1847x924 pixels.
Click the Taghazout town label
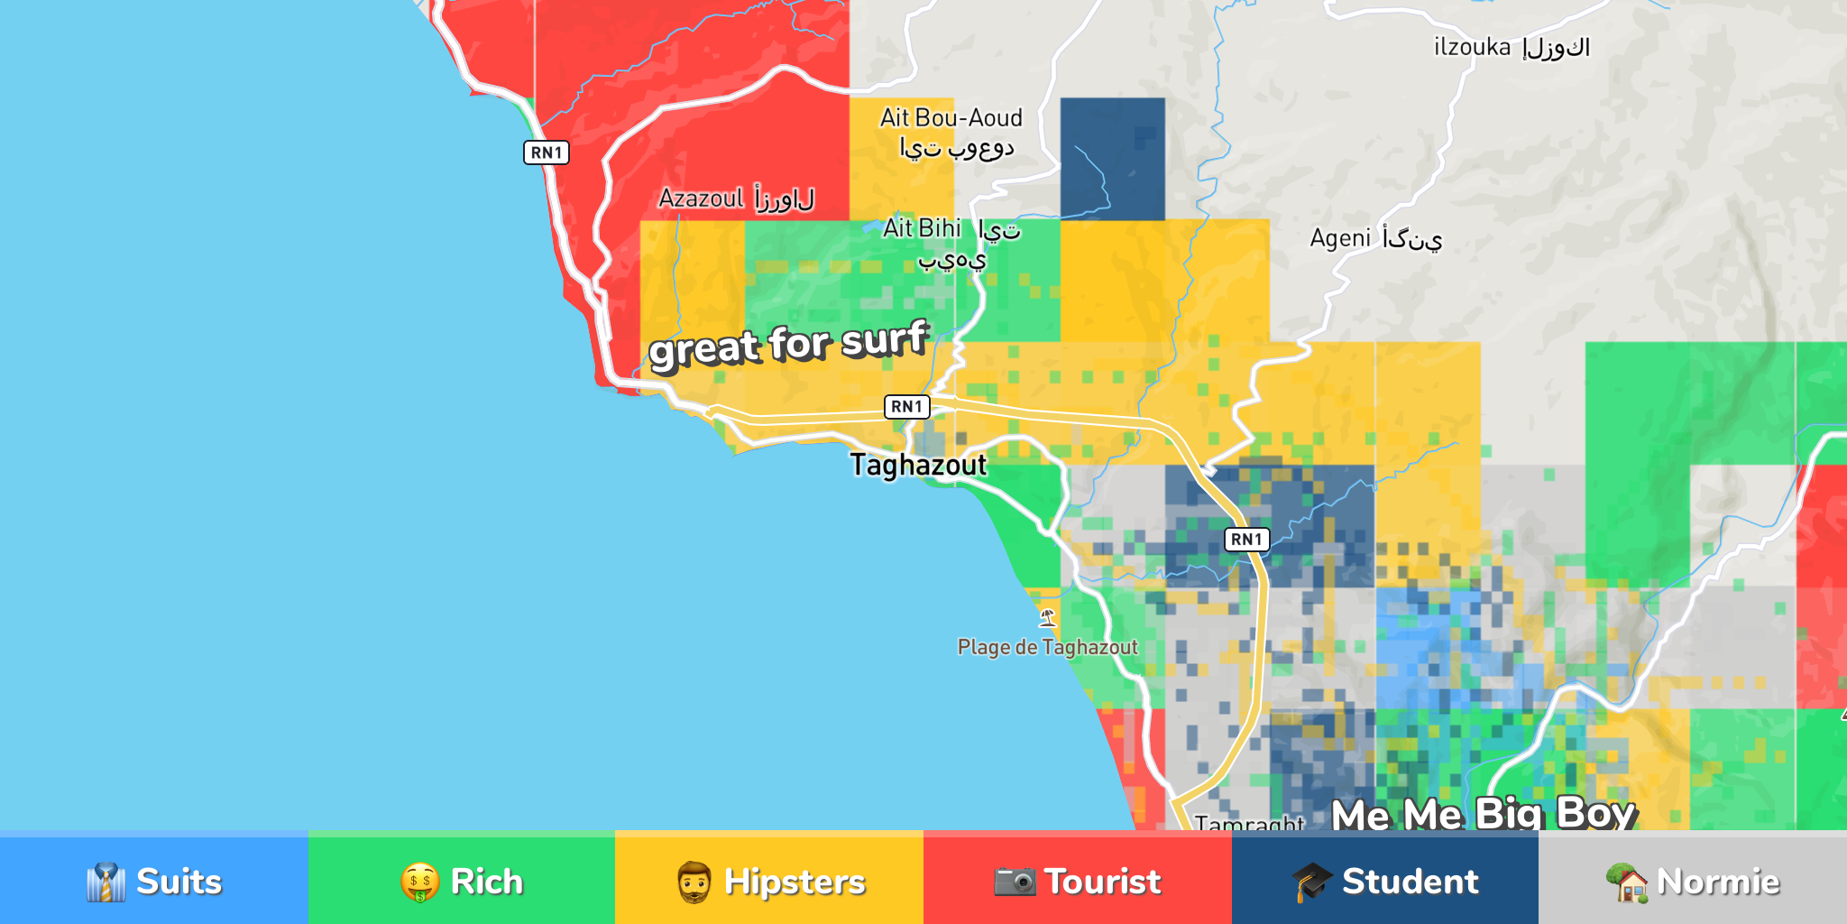point(918,465)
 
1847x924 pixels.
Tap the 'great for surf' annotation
point(788,344)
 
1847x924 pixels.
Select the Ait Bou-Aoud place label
point(952,132)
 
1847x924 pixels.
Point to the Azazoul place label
point(736,198)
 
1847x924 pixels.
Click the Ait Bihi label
point(951,242)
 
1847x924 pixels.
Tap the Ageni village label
point(1375,238)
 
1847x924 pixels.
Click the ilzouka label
point(1512,47)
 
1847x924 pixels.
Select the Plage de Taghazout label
point(1047,647)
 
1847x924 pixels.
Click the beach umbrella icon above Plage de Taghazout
point(1047,618)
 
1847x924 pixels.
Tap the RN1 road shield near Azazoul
point(547,152)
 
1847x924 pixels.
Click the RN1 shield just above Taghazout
point(906,407)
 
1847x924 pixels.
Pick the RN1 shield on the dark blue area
point(1246,540)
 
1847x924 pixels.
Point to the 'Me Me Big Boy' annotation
point(1483,813)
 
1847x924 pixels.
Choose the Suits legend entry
point(154,881)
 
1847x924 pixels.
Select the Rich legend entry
point(462,881)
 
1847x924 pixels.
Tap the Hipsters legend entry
point(769,881)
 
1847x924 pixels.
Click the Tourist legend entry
point(1077,881)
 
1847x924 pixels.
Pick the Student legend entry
point(1384,881)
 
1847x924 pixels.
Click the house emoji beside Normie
point(1628,882)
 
